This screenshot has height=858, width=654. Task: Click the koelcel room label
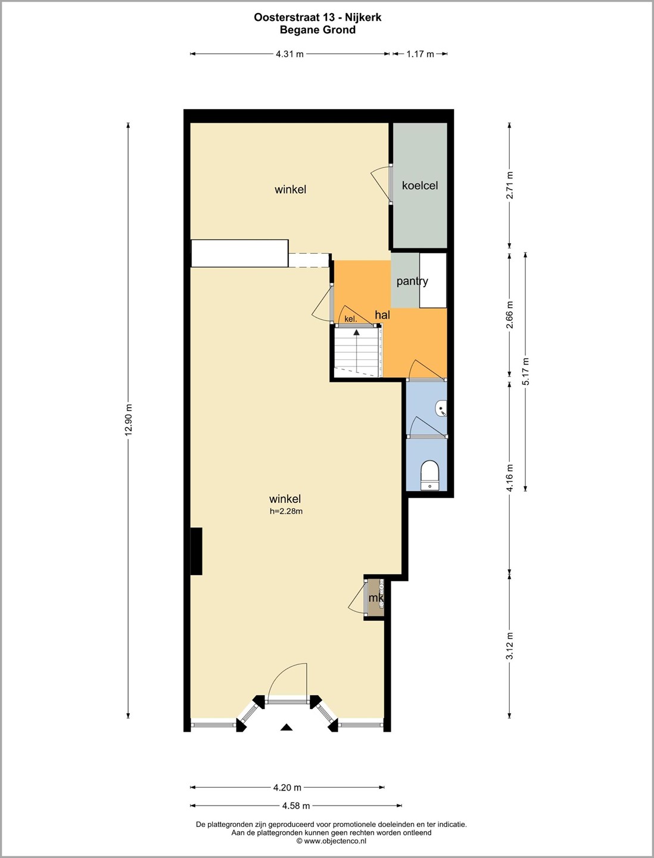(x=420, y=185)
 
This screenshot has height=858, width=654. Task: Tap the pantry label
(x=412, y=281)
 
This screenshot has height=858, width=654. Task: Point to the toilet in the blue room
(x=430, y=474)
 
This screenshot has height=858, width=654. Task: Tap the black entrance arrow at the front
(x=286, y=727)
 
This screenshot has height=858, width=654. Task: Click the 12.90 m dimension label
(x=129, y=419)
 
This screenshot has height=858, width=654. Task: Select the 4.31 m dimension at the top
(x=289, y=54)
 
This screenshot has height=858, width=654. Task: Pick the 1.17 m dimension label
(x=420, y=54)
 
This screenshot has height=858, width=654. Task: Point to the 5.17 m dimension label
(x=525, y=371)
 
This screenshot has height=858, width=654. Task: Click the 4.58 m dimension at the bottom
(x=296, y=805)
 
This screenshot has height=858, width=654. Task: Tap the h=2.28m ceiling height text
(x=286, y=511)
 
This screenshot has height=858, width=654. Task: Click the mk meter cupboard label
(x=376, y=598)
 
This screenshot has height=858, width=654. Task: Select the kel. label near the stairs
(x=351, y=319)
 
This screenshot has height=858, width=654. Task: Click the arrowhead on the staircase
(x=356, y=332)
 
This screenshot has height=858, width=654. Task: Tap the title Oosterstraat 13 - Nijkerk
(x=317, y=17)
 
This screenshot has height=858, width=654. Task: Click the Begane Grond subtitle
(x=317, y=30)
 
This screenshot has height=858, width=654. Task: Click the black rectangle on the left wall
(x=196, y=551)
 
